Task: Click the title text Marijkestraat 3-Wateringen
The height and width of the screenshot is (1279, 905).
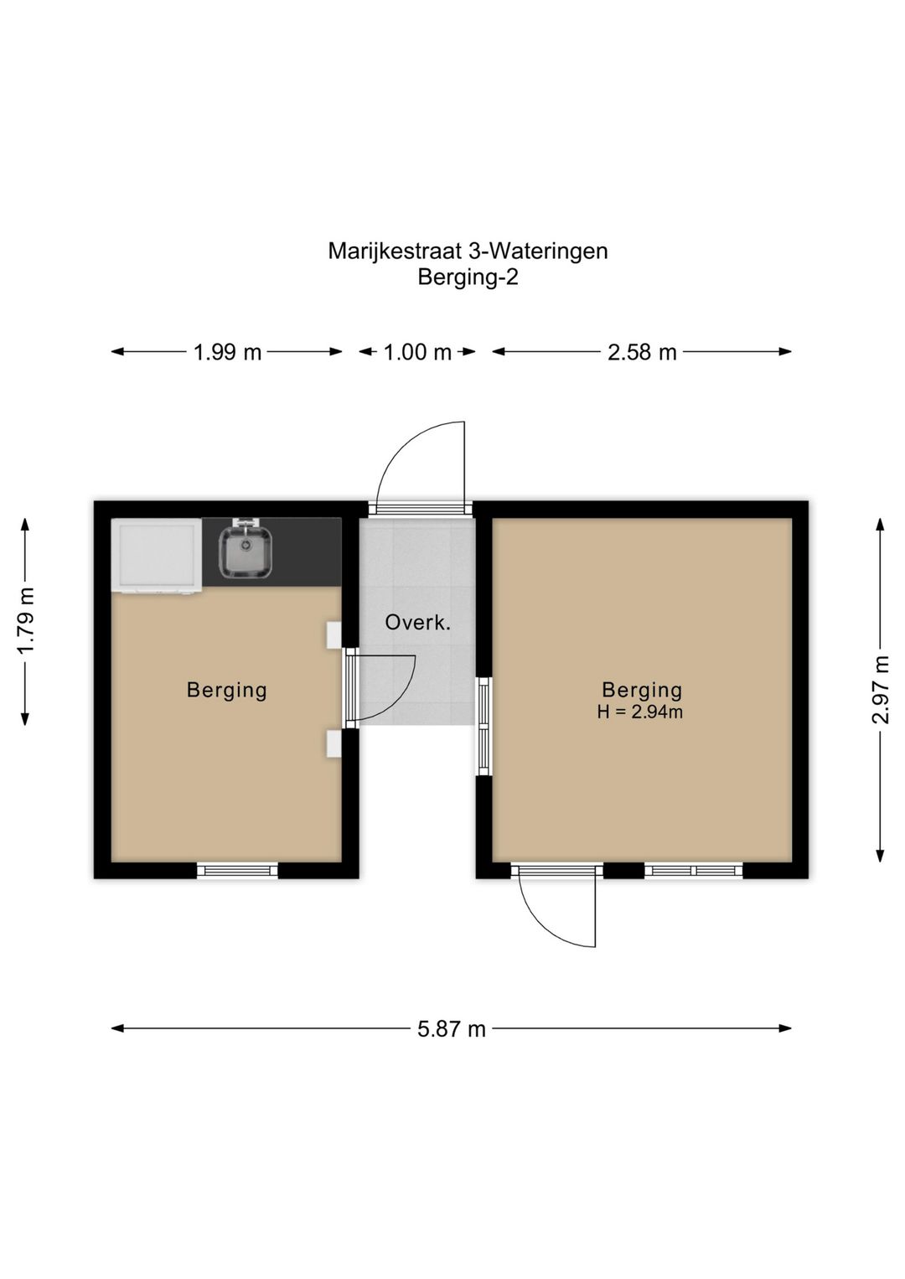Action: pos(468,251)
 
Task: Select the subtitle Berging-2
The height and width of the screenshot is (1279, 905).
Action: pos(468,277)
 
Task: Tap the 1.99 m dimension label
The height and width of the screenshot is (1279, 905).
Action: pos(227,352)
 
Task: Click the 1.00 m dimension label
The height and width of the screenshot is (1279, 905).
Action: pos(417,352)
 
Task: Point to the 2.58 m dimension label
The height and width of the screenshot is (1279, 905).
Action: pos(642,352)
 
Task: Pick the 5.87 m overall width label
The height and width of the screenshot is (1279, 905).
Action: pos(452,1028)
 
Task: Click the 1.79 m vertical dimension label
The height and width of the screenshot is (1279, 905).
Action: pos(26,621)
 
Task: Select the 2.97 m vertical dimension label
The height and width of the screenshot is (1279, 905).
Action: pos(881,690)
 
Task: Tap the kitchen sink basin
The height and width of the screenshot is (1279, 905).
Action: pos(245,552)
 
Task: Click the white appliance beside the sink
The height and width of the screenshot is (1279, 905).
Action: pos(158,556)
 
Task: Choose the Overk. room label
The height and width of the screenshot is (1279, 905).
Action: pos(417,623)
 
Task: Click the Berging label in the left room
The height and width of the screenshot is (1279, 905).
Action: pos(226,690)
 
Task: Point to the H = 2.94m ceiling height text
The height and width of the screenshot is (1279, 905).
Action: pos(640,712)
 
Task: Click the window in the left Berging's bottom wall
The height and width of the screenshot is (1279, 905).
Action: pos(237,871)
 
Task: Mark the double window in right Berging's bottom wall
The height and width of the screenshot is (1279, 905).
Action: pos(693,871)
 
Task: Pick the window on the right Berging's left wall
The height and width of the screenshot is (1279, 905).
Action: pos(484,726)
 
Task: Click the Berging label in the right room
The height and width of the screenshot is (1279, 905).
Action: pos(642,690)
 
